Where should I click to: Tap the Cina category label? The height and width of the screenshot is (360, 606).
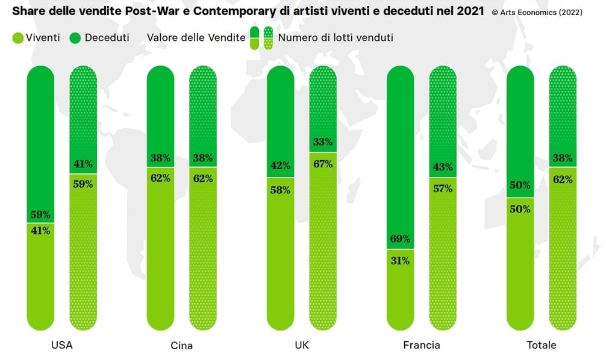[181, 346]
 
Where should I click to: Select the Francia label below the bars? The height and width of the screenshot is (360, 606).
[421, 345]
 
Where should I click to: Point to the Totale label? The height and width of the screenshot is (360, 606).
[541, 345]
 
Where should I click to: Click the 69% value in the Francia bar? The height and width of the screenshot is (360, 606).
[400, 238]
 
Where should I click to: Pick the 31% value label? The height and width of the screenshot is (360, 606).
[400, 261]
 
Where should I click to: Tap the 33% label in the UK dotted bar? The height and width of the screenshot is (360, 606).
[323, 142]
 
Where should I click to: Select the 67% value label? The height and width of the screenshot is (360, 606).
[323, 164]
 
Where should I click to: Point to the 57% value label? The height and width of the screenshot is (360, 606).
[443, 188]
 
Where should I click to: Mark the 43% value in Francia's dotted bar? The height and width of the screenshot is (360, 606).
[443, 166]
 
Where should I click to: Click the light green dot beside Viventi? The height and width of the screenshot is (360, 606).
[18, 38]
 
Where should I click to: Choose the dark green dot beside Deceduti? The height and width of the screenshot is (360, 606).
[75, 38]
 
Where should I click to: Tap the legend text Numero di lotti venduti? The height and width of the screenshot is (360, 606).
[336, 38]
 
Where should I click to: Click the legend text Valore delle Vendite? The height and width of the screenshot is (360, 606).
[196, 38]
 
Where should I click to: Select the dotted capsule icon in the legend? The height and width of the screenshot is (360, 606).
[268, 38]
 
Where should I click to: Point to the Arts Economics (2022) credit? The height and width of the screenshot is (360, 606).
[537, 12]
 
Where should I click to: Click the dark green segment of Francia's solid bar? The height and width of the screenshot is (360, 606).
[400, 151]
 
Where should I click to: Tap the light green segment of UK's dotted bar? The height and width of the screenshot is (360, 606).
[323, 241]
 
